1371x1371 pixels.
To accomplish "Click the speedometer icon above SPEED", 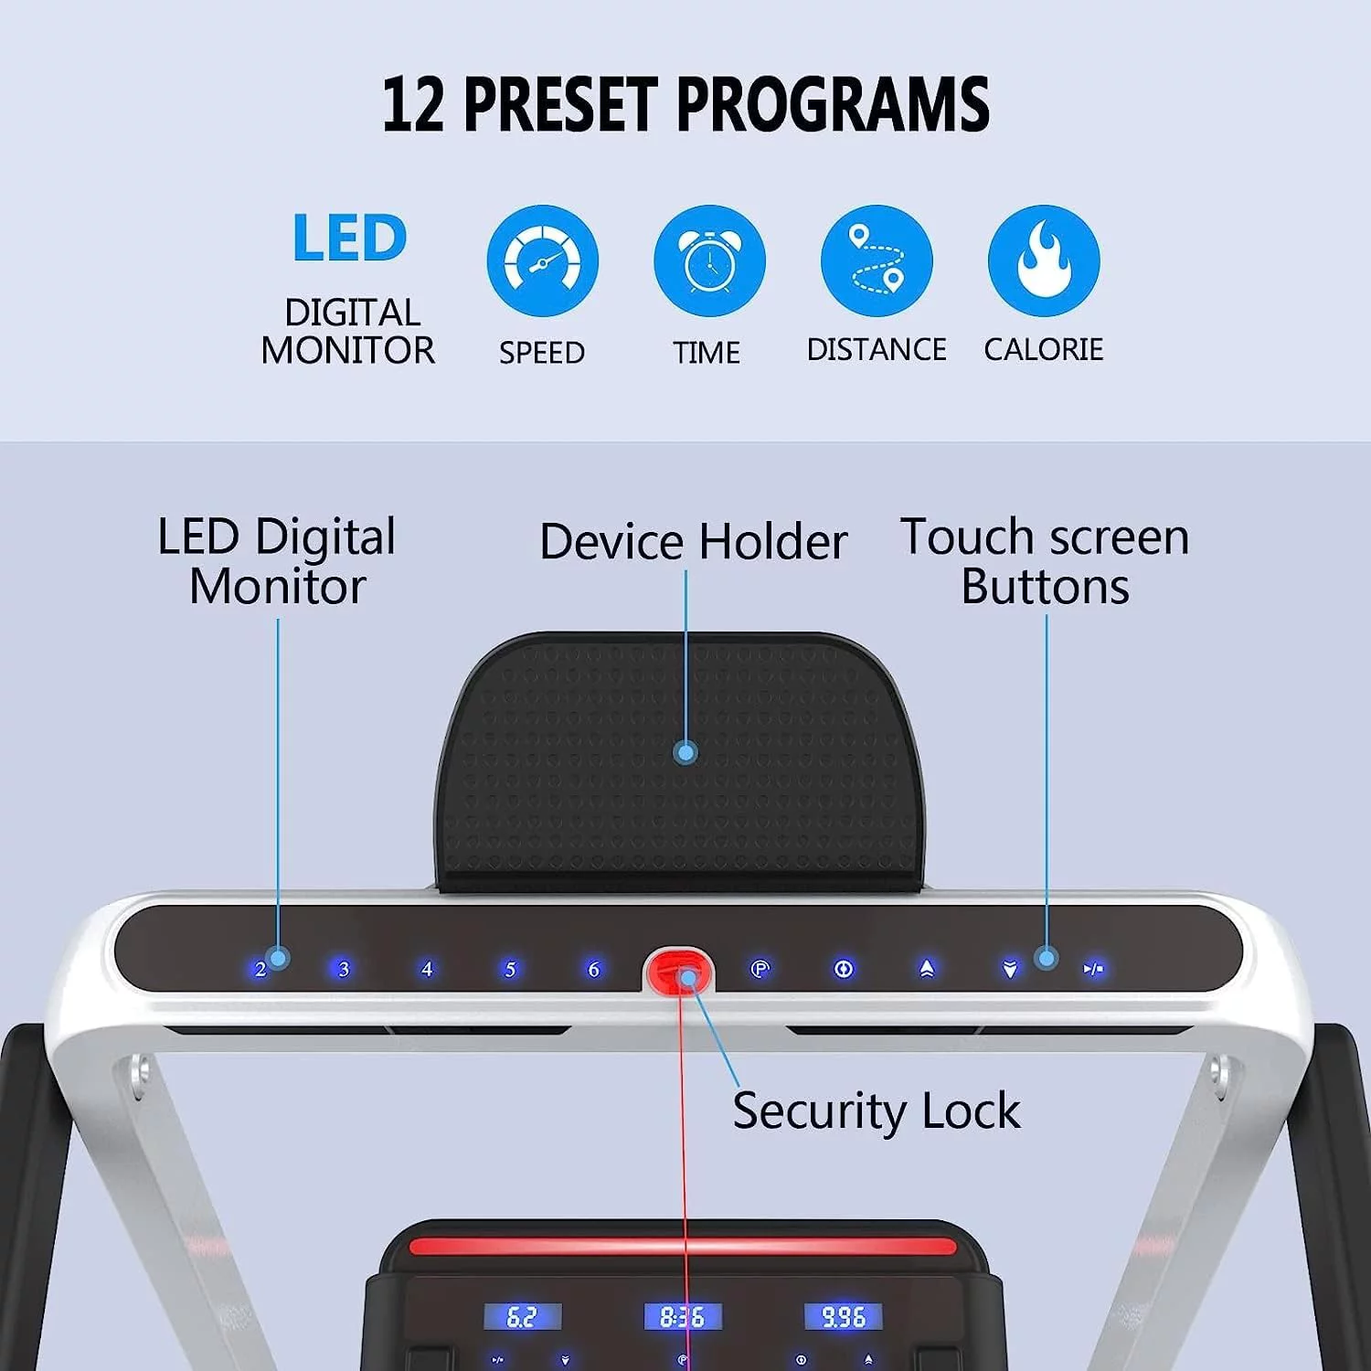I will tap(542, 261).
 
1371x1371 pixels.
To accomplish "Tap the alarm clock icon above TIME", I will tap(709, 261).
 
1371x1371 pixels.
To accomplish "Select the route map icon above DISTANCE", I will tap(877, 261).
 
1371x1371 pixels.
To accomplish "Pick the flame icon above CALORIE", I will tap(1044, 261).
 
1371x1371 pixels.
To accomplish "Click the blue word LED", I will tap(349, 239).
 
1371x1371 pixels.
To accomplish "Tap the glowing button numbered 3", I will tap(344, 969).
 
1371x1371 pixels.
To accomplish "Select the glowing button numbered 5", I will tap(510, 969).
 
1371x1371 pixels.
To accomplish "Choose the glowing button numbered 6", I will tap(594, 969).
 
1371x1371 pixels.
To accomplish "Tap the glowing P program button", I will tap(760, 969).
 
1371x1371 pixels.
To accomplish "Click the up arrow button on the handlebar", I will tap(927, 969).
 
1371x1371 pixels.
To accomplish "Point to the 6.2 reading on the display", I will tap(522, 1317).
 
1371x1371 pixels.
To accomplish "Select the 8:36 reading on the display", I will tap(683, 1317).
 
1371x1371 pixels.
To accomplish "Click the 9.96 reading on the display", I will tap(843, 1317).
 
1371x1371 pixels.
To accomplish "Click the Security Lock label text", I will tap(876, 1111).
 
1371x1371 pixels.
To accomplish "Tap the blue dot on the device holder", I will tap(685, 753).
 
